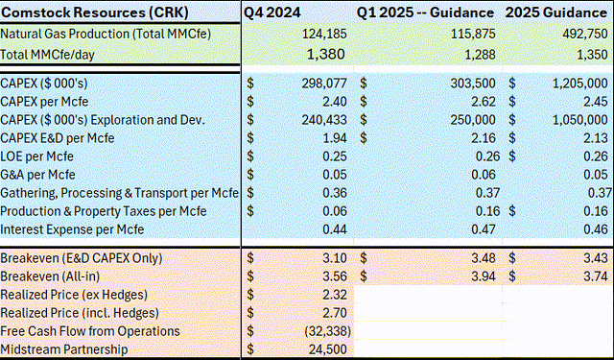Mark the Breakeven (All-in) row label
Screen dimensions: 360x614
click(x=61, y=276)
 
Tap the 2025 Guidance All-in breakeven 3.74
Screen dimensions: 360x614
click(x=596, y=276)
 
